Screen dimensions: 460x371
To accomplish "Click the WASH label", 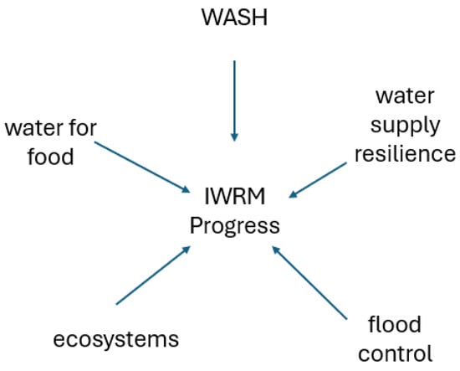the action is tap(235, 18).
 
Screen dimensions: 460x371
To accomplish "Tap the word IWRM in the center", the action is tap(235, 196).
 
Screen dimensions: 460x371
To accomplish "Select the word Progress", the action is tap(235, 227).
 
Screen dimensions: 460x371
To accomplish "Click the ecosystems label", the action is tap(116, 340).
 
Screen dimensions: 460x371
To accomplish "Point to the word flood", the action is tap(395, 324).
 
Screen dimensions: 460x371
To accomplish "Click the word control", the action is tap(395, 353).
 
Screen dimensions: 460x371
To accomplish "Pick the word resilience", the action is tap(405, 153).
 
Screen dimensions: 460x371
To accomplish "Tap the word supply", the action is tap(405, 126).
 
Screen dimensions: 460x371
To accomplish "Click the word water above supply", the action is tap(405, 96).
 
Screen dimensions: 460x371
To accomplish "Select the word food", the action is tap(50, 156).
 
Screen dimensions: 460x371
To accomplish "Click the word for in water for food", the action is tap(84, 127).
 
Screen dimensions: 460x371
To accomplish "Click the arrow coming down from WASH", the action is tap(234, 100).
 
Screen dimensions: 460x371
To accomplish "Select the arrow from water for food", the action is tap(142, 167).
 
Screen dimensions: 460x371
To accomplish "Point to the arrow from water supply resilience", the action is tap(318, 180).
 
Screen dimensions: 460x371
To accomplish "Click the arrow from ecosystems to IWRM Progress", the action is tap(153, 276).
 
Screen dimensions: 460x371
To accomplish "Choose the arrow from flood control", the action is tap(309, 282).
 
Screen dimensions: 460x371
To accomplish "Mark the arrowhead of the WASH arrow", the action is tap(234, 137).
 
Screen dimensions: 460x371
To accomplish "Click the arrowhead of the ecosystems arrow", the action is tap(187, 250).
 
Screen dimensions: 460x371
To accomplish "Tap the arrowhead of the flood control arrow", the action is tap(276, 250).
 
